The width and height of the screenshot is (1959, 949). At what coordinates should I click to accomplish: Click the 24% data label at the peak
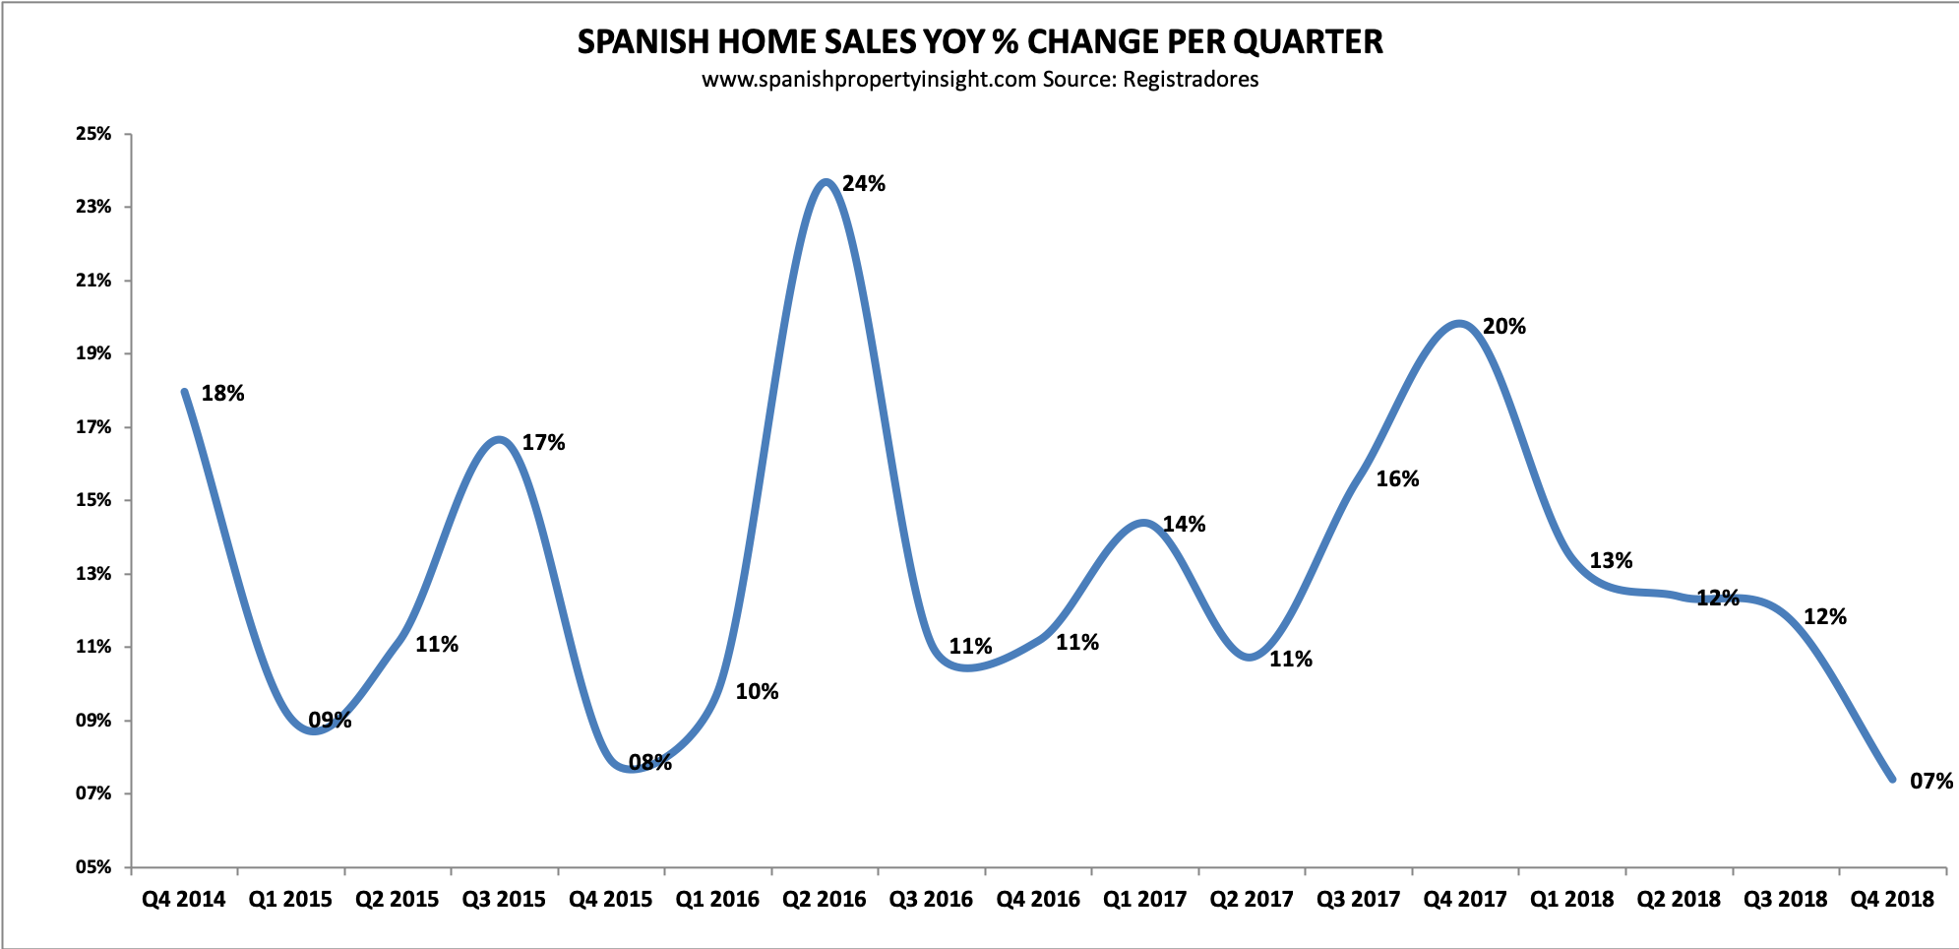coord(864,183)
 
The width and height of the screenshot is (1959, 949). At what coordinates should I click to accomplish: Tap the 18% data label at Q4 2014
coord(222,394)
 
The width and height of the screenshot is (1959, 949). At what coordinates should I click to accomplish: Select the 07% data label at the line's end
coord(1930,782)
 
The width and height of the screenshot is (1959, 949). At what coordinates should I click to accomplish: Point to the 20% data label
coord(1503,327)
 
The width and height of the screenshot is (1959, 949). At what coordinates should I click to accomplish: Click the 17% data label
coord(543,443)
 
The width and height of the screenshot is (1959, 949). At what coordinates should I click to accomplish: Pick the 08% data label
coord(650,762)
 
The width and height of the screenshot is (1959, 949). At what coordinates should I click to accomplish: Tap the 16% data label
coord(1397,479)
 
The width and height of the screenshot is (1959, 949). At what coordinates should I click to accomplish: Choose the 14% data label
coord(1184,525)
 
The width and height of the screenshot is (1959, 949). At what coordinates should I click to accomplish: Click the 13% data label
coord(1611,561)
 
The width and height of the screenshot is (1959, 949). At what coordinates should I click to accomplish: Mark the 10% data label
coord(757,692)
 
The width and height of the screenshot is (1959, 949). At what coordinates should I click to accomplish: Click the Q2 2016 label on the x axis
coord(824,899)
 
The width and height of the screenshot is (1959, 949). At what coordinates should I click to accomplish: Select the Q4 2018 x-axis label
coord(1892,899)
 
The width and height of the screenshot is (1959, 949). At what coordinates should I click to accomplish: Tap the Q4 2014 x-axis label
coord(183,899)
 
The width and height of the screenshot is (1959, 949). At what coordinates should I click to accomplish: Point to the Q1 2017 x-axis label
coord(1144,899)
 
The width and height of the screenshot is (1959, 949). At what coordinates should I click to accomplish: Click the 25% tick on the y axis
coord(93,134)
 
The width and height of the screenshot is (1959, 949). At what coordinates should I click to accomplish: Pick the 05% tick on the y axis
coord(93,867)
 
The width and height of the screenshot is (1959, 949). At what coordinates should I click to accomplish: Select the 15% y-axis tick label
coord(93,500)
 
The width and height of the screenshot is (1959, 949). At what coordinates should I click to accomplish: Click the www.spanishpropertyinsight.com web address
coord(869,79)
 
